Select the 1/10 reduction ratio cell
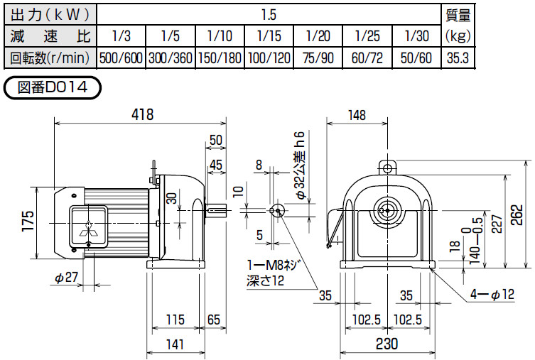point(220,35)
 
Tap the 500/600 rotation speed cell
point(121,58)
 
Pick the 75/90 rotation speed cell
point(318,58)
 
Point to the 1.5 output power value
point(269,13)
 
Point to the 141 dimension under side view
point(175,344)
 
